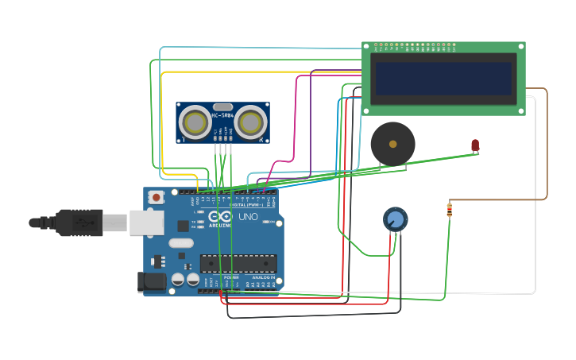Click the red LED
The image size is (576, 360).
pos(475,145)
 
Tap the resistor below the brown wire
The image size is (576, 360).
pos(450,210)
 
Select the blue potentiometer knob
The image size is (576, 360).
pos(395,219)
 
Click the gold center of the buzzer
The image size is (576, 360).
pos(392,144)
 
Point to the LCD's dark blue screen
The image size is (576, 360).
pos(443,79)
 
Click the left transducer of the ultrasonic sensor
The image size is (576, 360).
pos(195,122)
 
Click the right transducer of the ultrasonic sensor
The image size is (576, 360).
pos(250,122)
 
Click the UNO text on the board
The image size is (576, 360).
pos(248,217)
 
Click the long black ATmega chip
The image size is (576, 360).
pos(238,263)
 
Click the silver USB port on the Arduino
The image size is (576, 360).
pos(146,223)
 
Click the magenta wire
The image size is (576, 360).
pos(296,119)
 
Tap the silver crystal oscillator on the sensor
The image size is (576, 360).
pos(223,106)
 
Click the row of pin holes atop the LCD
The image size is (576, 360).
pos(413,46)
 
